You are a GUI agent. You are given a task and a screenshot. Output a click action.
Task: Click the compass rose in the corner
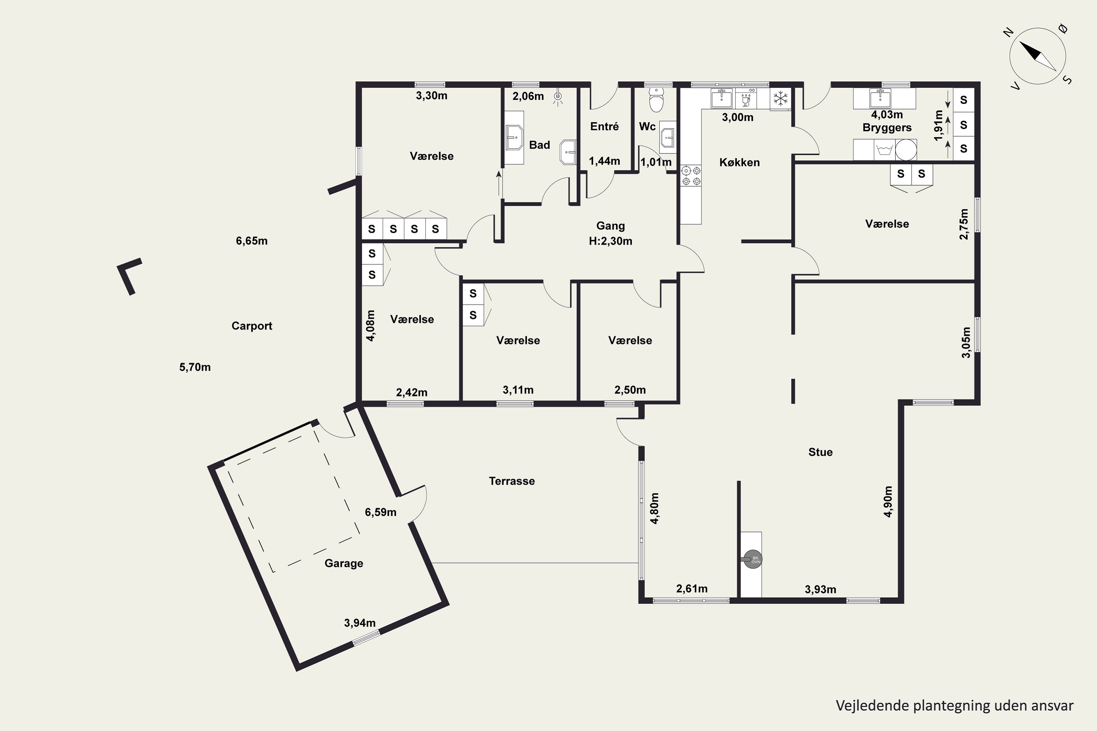coord(1038,56)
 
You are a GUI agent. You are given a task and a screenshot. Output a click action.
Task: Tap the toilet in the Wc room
coord(656,100)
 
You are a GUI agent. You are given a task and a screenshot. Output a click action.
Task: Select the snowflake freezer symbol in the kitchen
coord(780,98)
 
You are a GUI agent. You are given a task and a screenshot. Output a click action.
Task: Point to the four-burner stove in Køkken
coord(691,176)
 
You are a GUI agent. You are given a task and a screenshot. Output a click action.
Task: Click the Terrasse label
coord(512,481)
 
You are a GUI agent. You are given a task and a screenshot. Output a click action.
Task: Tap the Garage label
coord(344,563)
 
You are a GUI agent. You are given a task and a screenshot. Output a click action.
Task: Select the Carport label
coord(252,326)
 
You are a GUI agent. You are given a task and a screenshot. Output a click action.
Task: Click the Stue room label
coord(821,452)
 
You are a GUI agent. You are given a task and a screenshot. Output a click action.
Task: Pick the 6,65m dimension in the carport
coord(252,241)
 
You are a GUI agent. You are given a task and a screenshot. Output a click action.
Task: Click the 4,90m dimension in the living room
coord(888,501)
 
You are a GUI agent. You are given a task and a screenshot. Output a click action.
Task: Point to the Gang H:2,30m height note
coord(611,233)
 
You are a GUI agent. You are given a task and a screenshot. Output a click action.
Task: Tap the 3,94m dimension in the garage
coord(359,623)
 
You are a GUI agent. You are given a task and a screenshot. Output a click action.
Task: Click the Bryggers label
coord(887,127)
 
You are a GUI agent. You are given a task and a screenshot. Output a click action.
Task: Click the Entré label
coord(604,126)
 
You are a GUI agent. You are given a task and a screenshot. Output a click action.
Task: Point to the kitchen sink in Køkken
coord(721,99)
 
